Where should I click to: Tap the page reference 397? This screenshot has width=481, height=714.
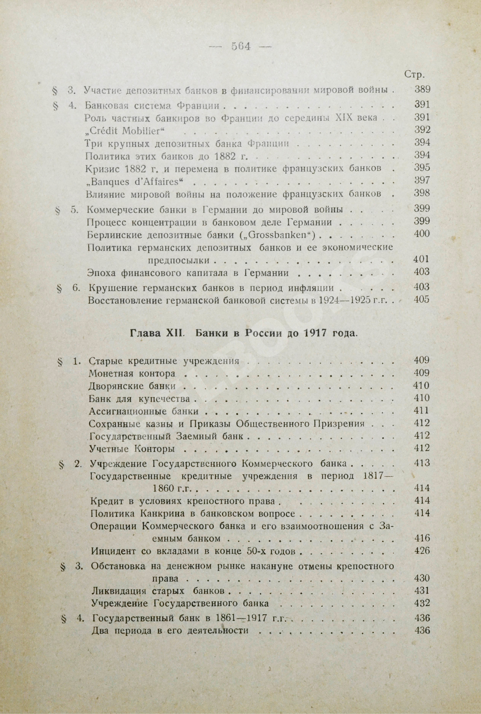422,180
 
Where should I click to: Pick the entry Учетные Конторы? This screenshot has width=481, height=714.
132,449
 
